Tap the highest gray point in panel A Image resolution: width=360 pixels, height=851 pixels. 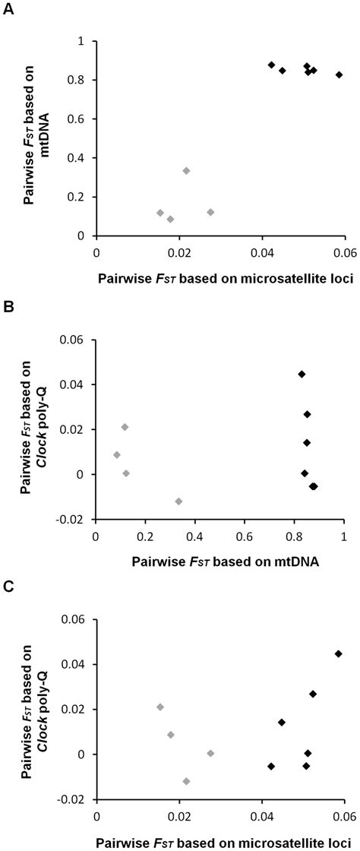186,171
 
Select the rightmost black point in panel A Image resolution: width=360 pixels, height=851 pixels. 339,75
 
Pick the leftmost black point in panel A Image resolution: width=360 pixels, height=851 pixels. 271,65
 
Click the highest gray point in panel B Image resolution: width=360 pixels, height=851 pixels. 125,427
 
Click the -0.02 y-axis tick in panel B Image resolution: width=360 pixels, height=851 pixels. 74,519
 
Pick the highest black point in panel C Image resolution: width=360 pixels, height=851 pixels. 339,653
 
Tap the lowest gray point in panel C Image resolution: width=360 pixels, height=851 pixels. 186,781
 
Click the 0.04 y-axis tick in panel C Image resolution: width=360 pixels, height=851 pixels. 74,664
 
